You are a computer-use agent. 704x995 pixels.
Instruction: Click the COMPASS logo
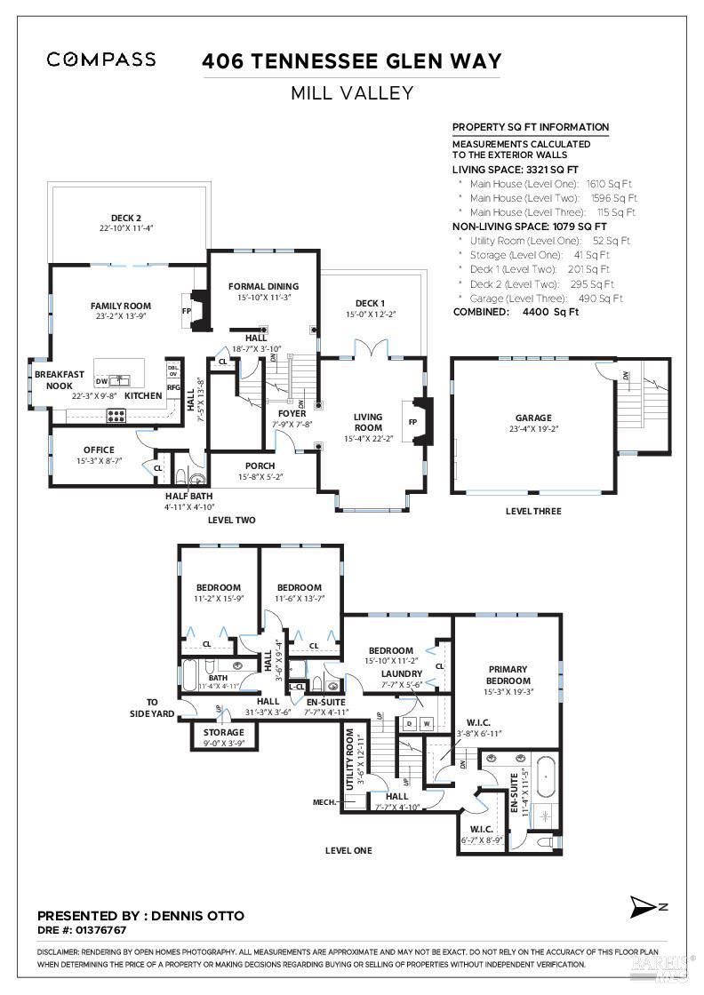[101, 60]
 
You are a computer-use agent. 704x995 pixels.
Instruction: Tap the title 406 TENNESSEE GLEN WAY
[351, 61]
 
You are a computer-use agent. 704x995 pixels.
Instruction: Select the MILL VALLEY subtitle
[351, 92]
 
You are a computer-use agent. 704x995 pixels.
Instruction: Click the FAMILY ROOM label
[121, 280]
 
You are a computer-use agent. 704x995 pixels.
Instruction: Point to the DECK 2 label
[126, 218]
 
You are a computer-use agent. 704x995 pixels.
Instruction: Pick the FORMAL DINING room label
[263, 286]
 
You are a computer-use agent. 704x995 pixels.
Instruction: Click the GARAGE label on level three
[533, 418]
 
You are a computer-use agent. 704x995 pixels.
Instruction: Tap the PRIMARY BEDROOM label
[508, 675]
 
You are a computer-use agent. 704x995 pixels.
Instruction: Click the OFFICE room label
[99, 450]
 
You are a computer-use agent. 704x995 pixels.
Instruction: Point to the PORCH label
[260, 466]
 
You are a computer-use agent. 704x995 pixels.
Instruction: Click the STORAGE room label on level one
[223, 733]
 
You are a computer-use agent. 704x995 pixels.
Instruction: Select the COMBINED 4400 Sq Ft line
[516, 312]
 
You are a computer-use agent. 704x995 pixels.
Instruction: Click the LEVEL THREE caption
[533, 511]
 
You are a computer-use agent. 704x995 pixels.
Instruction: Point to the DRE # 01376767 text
[82, 929]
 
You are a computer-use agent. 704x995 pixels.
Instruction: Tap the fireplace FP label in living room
[412, 422]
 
